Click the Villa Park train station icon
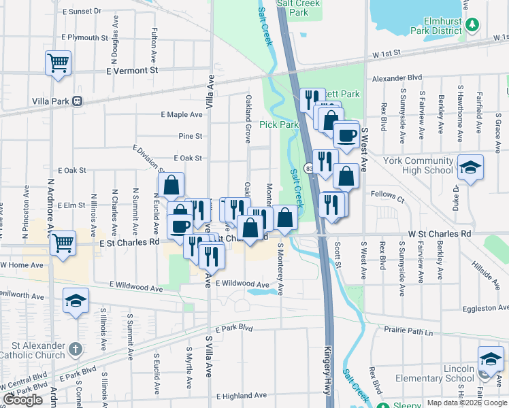click(77, 101)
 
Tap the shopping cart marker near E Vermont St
click(59, 64)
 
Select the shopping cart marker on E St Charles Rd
click(63, 243)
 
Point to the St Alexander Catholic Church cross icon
click(76, 350)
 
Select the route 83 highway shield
click(310, 168)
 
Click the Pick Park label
click(279, 124)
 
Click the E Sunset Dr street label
click(81, 12)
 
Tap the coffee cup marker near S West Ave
click(347, 134)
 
